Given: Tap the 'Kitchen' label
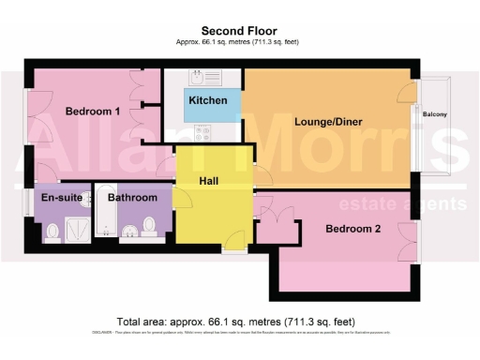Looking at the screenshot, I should (x=207, y=100).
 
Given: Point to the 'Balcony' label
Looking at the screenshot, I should (x=435, y=114).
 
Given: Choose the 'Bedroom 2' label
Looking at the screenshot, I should (x=353, y=229).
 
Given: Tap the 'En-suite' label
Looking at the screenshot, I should (x=58, y=198).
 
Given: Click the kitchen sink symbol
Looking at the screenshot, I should (x=198, y=77).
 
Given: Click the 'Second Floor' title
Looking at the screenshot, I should (x=239, y=30).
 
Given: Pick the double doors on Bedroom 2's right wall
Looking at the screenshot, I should (x=409, y=243).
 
